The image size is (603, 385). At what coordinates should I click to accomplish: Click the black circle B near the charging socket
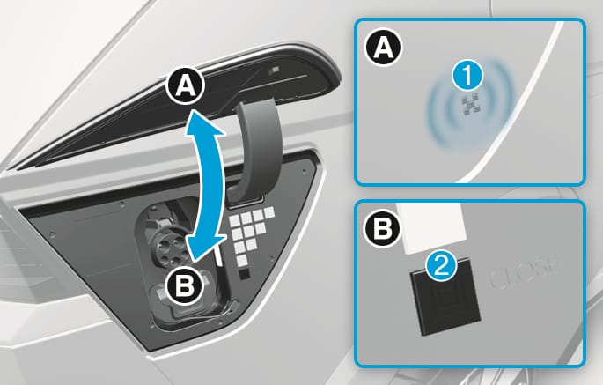[x=185, y=285]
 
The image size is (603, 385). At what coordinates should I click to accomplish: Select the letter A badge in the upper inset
[x=383, y=48]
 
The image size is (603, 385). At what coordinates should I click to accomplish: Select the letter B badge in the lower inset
[x=383, y=229]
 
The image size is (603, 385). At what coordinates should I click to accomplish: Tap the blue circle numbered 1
[x=467, y=77]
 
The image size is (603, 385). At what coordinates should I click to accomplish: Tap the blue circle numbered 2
[x=441, y=266]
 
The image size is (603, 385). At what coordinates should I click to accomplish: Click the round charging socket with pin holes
[x=168, y=246]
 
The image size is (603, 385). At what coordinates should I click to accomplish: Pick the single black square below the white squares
[x=244, y=274]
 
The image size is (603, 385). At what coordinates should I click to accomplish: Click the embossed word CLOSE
[x=524, y=274]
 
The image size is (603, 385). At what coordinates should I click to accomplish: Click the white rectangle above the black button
[x=432, y=228]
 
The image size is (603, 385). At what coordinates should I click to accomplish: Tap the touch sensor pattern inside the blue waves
[x=470, y=105]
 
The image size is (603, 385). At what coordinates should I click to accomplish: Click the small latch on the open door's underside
[x=274, y=70]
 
